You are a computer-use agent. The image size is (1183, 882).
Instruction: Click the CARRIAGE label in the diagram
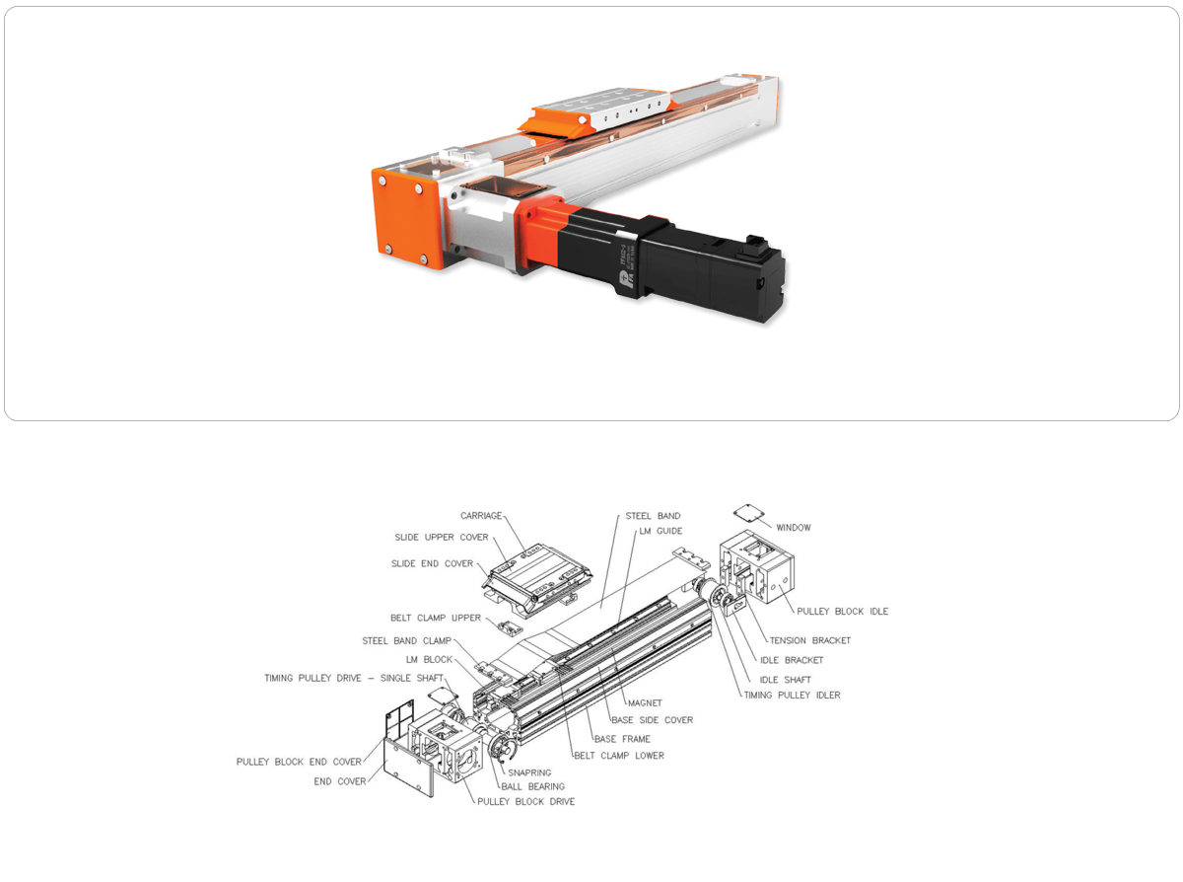pyautogui.click(x=480, y=516)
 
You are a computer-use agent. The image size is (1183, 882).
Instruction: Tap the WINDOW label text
pyautogui.click(x=794, y=528)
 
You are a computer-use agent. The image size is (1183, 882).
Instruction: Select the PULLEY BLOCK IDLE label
pyautogui.click(x=842, y=612)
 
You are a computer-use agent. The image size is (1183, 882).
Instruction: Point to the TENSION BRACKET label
pyautogui.click(x=810, y=640)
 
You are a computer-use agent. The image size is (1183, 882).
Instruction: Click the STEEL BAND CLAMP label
pyautogui.click(x=406, y=640)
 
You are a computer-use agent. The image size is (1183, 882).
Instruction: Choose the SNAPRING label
pyautogui.click(x=529, y=772)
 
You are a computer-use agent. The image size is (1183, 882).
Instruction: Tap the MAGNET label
pyautogui.click(x=645, y=703)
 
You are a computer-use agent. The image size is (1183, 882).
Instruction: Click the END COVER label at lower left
pyautogui.click(x=340, y=781)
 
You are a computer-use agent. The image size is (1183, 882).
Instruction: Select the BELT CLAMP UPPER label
pyautogui.click(x=435, y=618)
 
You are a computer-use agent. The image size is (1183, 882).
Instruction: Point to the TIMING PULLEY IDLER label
pyautogui.click(x=792, y=696)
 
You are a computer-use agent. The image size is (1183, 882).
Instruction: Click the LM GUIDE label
pyautogui.click(x=661, y=531)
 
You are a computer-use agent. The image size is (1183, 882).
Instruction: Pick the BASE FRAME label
pyautogui.click(x=622, y=739)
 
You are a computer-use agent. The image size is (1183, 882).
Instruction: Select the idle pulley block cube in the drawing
pyautogui.click(x=756, y=566)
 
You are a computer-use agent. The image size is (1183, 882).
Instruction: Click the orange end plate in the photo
pyautogui.click(x=406, y=218)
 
